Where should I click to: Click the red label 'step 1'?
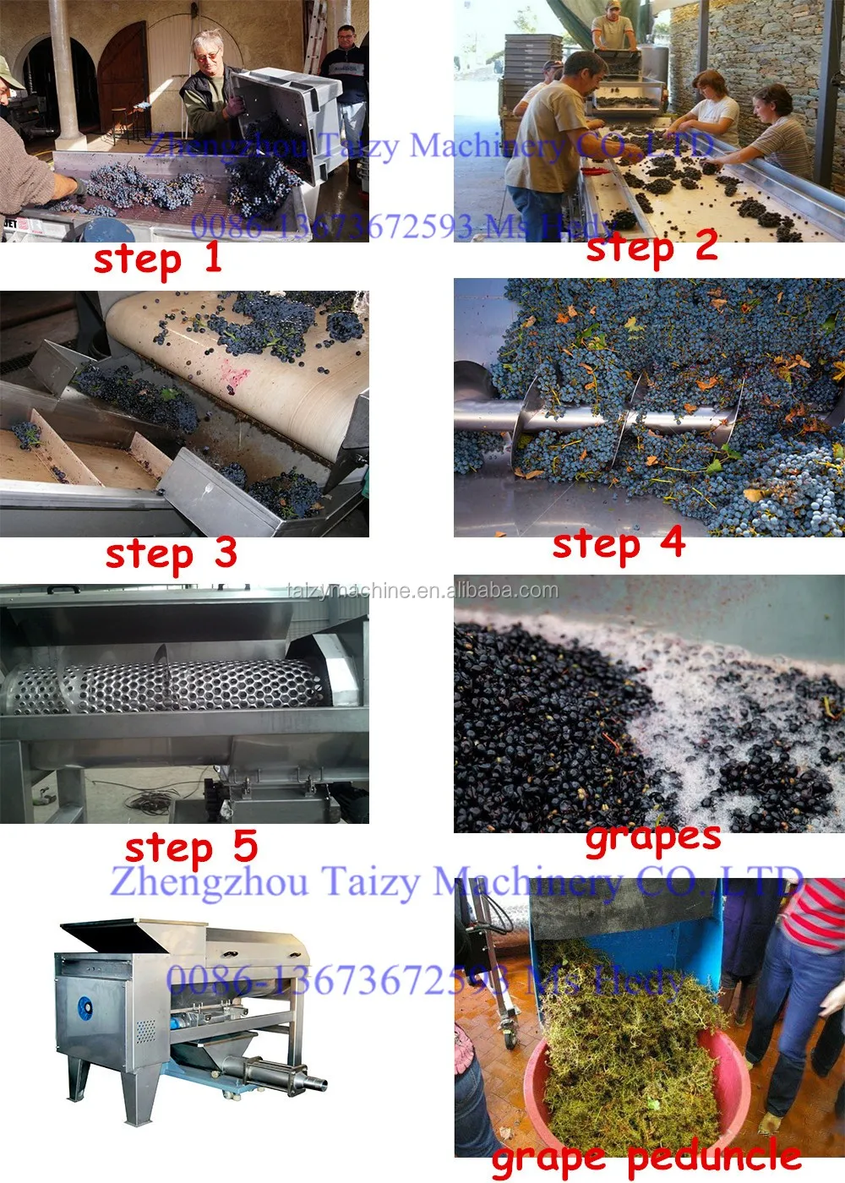(157, 259)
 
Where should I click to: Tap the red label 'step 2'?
(651, 248)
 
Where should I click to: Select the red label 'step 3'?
(171, 554)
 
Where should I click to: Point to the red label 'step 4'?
(618, 545)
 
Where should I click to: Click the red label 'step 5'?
(191, 848)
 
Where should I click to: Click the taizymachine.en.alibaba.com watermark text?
(422, 591)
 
